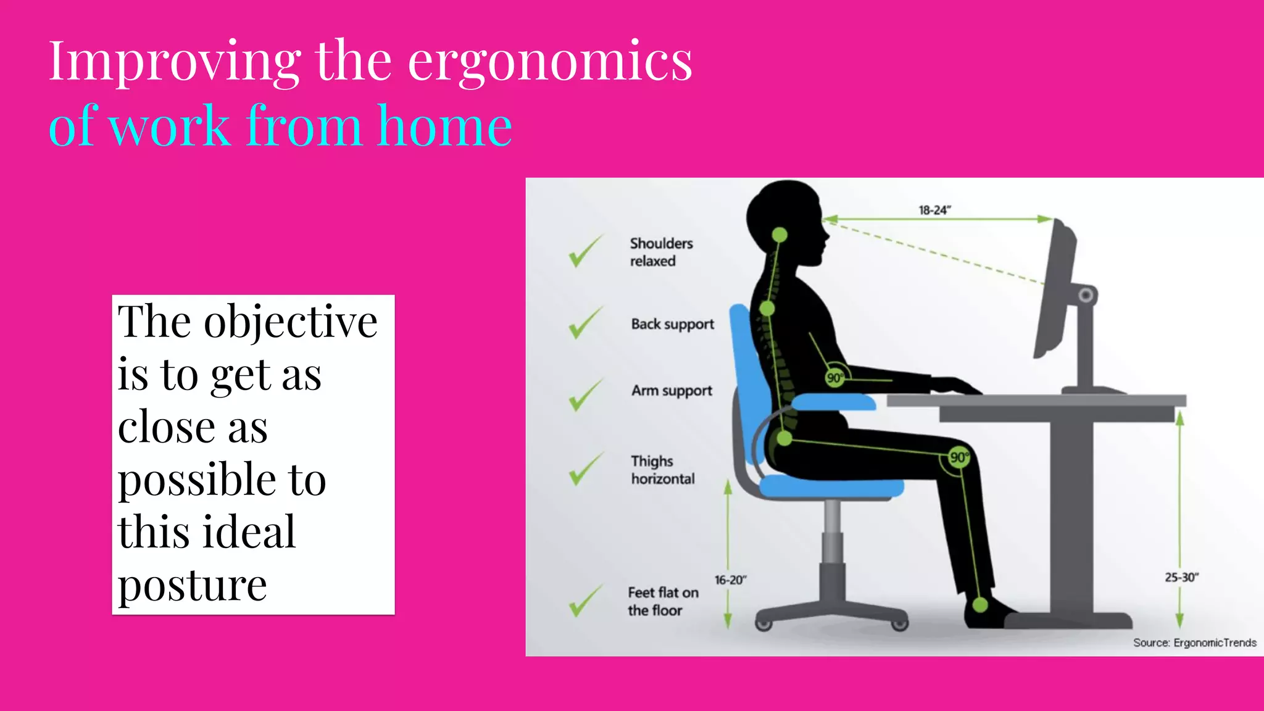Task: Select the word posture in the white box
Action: point(192,584)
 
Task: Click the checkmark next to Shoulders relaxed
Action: point(584,251)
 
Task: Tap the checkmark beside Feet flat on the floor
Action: point(584,601)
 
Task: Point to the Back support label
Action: point(672,324)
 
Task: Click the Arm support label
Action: point(671,391)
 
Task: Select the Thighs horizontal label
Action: point(662,470)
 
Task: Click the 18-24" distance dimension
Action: point(934,210)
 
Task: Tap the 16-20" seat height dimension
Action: point(730,580)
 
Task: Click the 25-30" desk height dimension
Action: point(1181,578)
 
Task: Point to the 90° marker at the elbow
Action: point(834,378)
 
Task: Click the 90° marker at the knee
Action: point(958,457)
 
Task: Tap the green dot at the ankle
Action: point(980,604)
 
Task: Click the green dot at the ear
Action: point(780,235)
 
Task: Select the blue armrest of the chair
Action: point(833,403)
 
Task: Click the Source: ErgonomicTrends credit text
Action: point(1194,643)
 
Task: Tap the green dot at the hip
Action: point(784,439)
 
